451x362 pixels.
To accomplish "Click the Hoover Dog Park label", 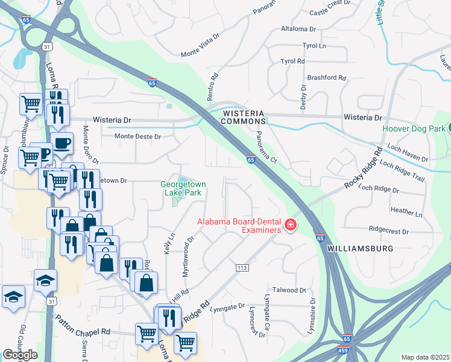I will coord(414,129).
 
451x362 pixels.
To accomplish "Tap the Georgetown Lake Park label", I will coord(183,188).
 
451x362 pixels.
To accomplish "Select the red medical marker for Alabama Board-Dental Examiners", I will coord(291,225).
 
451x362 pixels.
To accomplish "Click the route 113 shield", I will coord(242,267).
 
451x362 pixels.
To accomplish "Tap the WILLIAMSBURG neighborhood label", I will coord(360,249).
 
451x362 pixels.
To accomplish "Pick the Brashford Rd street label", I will coord(326,78).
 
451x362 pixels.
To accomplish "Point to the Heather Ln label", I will coord(406,212).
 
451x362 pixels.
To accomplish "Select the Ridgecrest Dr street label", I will coord(388,231).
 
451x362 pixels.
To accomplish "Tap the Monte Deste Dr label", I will coord(139,136).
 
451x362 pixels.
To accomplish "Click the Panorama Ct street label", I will coord(265,148).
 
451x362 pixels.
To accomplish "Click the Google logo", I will coord(20,355).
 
